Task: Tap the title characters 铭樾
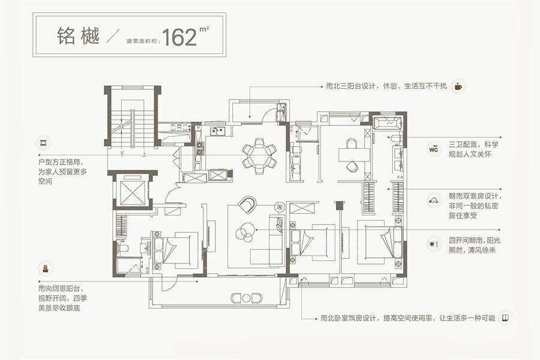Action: [78, 36]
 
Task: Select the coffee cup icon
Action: [458, 86]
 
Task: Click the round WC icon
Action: [434, 149]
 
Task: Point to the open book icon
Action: [505, 317]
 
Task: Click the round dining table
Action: [259, 156]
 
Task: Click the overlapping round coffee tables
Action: [244, 230]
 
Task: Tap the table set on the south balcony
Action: [246, 298]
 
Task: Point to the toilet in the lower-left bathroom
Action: [122, 247]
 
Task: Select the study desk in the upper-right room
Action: [354, 155]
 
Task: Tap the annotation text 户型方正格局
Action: [61, 161]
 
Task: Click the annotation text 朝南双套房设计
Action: [473, 196]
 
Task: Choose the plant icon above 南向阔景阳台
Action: [45, 268]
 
